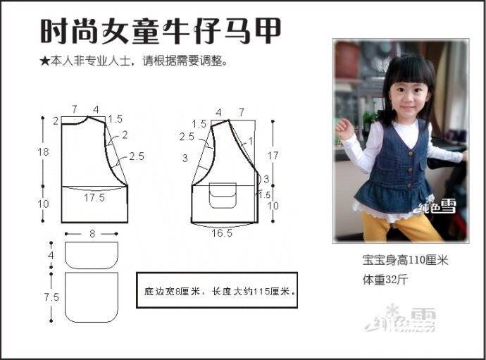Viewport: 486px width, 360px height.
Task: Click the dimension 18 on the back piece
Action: [44, 152]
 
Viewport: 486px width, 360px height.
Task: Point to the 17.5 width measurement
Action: [94, 197]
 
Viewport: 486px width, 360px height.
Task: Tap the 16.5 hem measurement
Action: [222, 233]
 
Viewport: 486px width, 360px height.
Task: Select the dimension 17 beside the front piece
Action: [273, 156]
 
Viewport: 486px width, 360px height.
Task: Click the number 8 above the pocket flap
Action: [92, 234]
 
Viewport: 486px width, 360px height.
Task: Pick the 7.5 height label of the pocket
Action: [51, 297]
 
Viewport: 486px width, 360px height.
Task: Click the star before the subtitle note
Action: [44, 61]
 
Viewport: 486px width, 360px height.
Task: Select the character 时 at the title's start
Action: [54, 31]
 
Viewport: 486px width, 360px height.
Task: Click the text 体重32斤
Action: [385, 280]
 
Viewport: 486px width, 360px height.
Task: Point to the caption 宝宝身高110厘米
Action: [406, 260]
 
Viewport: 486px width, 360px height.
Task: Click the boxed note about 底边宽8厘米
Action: [217, 290]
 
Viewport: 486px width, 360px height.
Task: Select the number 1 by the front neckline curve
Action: [251, 142]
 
